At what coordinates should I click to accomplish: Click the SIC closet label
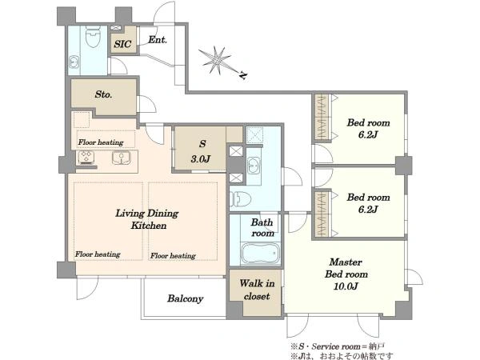click(122, 44)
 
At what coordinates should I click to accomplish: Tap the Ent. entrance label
click(158, 40)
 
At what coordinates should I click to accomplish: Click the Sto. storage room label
click(103, 94)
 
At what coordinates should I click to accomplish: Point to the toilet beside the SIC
click(93, 37)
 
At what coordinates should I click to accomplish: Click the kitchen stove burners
click(86, 158)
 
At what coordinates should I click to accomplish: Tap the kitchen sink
click(122, 158)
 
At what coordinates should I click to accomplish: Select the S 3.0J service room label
click(201, 151)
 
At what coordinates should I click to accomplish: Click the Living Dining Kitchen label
click(147, 219)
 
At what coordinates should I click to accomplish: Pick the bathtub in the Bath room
click(261, 254)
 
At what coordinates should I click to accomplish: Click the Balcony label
click(186, 298)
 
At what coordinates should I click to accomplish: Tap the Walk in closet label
click(257, 290)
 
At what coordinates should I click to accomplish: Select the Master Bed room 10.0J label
click(346, 274)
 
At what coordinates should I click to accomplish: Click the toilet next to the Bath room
click(241, 199)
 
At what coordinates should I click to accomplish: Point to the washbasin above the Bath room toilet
click(254, 166)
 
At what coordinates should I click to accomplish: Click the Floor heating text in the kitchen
click(101, 142)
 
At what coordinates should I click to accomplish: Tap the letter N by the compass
click(243, 74)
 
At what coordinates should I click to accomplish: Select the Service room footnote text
click(338, 346)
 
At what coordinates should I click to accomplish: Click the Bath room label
click(262, 227)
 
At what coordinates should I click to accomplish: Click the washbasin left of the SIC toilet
click(74, 62)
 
